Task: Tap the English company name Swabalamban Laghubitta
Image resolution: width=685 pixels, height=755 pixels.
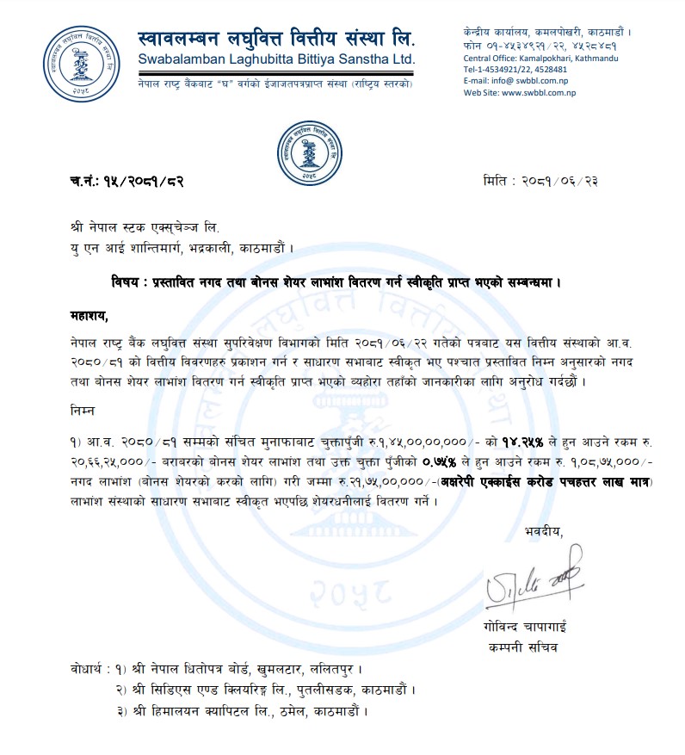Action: pos(276,60)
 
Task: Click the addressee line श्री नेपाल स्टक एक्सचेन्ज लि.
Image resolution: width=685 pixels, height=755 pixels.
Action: pos(145,229)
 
